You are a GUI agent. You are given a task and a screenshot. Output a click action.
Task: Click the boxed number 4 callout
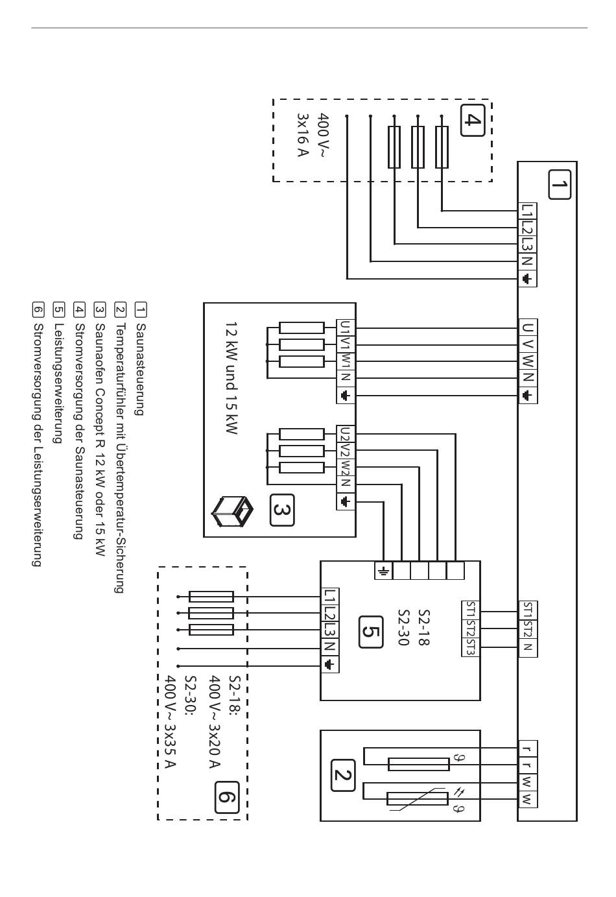tap(473, 120)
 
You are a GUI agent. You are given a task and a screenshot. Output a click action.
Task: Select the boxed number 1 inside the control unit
tap(559, 184)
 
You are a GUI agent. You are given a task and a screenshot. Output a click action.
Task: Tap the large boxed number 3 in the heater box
tap(282, 510)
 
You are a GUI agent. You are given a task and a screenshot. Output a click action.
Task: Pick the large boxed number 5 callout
tap(371, 632)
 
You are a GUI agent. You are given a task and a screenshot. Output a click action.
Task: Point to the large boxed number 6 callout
tap(227, 797)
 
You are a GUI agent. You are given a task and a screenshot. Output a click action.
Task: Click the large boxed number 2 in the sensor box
tap(343, 776)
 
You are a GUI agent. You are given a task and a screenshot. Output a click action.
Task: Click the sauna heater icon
tap(233, 511)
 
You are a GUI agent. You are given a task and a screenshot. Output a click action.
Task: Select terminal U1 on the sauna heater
tap(346, 328)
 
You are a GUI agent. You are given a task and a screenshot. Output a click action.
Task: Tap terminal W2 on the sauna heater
tap(346, 468)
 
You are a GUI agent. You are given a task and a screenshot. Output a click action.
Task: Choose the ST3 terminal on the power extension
tap(471, 645)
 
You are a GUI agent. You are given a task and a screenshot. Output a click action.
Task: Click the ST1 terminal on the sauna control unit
tap(528, 610)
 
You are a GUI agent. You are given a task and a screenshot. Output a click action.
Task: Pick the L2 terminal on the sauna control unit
tap(527, 228)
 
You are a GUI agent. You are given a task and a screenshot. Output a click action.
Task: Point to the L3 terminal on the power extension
tap(330, 630)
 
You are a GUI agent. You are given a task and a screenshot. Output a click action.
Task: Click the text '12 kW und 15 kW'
tap(232, 377)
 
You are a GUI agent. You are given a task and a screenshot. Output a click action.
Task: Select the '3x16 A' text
tap(303, 135)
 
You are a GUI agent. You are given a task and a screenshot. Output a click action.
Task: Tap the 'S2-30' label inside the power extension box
tap(403, 627)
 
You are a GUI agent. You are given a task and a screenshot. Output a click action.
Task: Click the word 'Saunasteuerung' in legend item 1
tap(140, 369)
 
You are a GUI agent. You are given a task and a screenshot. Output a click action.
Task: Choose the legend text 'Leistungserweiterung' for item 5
tap(58, 383)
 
